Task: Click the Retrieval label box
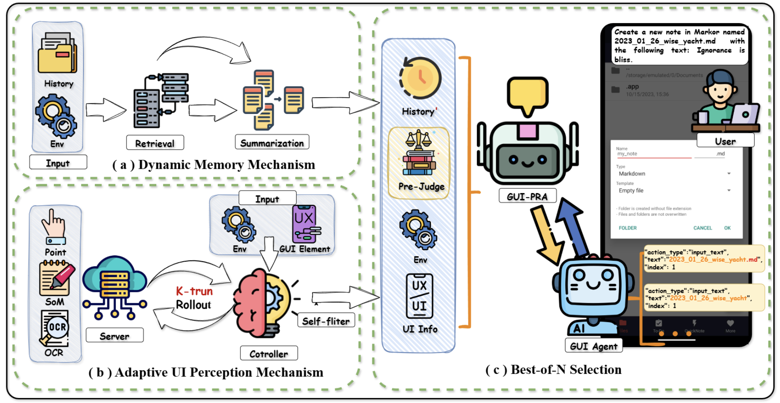tap(155, 143)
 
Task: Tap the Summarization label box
tap(272, 143)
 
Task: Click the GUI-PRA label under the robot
tap(527, 196)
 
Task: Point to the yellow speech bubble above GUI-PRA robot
tap(527, 95)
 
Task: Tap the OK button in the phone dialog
tap(727, 228)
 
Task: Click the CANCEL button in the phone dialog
tap(703, 228)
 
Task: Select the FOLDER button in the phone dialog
tap(628, 228)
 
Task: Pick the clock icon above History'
tap(420, 78)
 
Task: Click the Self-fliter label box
tap(326, 321)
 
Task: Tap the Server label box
tap(115, 336)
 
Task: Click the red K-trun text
tap(194, 291)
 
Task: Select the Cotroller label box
tap(269, 353)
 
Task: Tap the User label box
tap(725, 141)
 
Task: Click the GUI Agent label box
tap(593, 346)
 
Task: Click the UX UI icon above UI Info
tap(419, 296)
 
